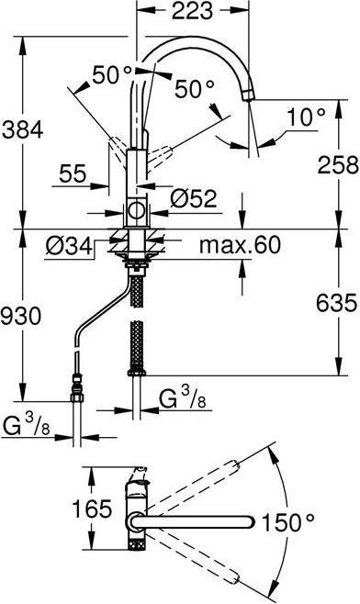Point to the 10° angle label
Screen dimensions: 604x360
click(x=306, y=117)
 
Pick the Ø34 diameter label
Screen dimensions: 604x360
click(x=68, y=245)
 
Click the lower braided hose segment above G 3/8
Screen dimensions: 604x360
click(x=137, y=346)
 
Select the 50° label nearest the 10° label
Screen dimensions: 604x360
click(x=194, y=89)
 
